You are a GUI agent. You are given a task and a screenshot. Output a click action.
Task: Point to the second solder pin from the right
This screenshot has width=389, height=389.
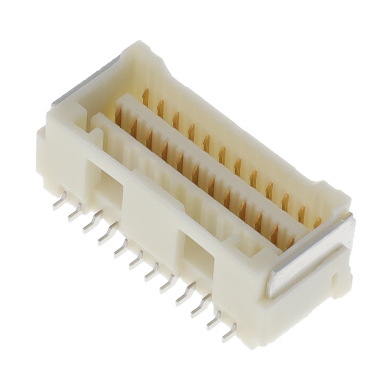click(x=214, y=320)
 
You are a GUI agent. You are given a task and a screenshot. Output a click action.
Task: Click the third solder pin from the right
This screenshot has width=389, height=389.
click(x=199, y=307)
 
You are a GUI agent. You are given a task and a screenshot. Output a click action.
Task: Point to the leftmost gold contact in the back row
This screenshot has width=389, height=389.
click(x=145, y=97)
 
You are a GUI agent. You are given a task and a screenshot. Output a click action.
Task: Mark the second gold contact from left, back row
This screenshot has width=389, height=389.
click(x=160, y=108)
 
